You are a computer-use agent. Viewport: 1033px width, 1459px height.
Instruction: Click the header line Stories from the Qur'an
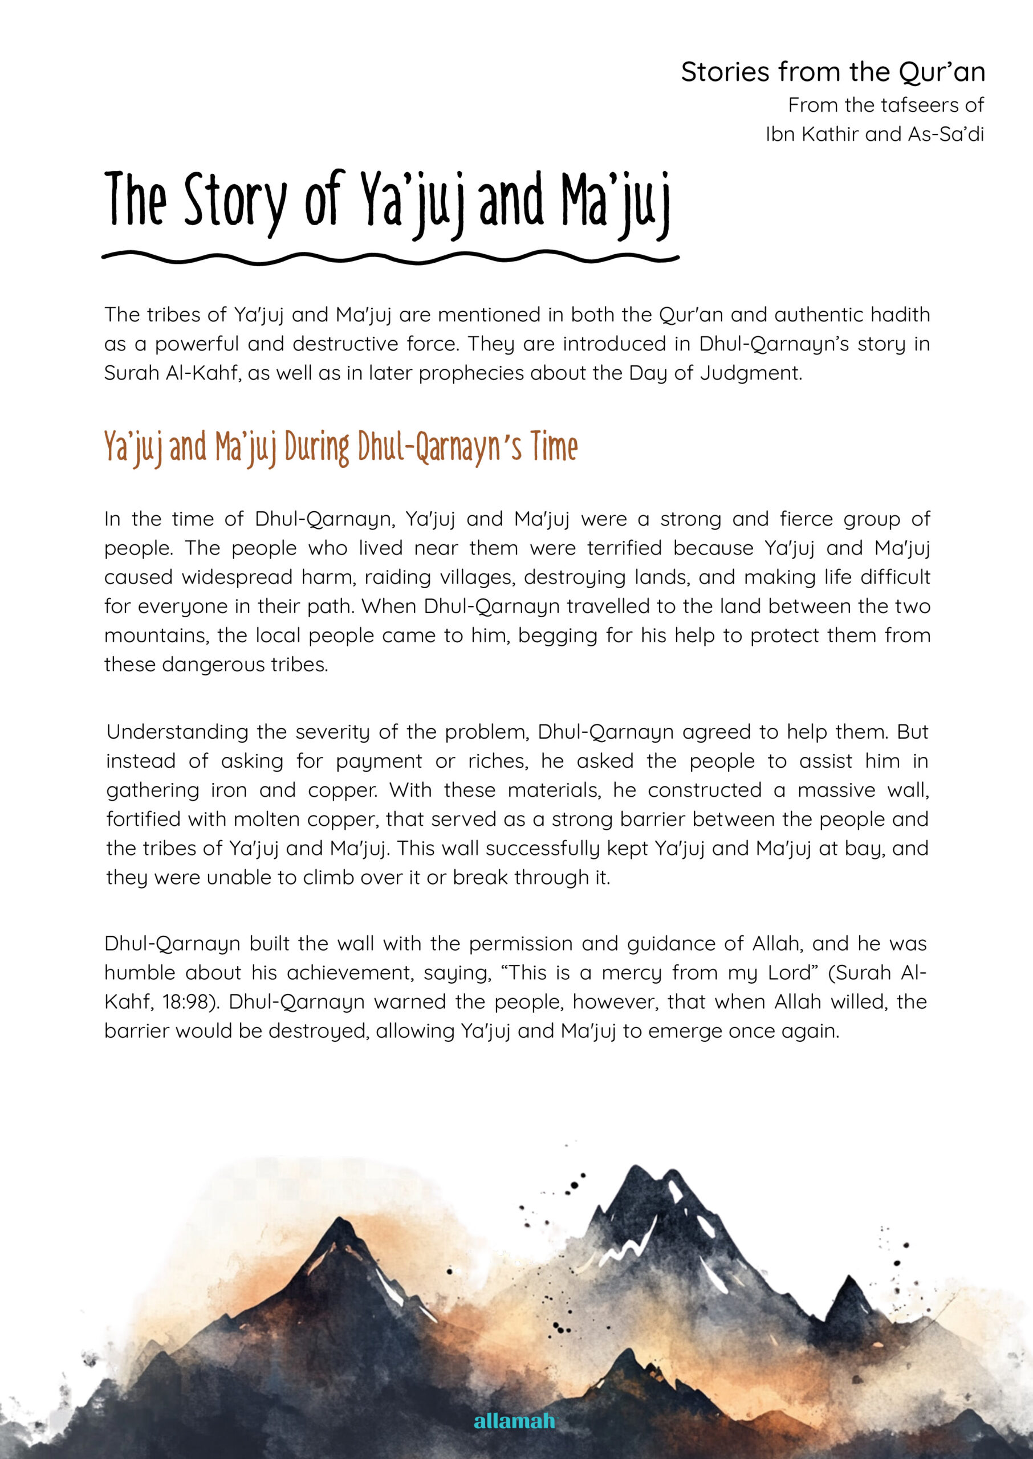click(x=833, y=72)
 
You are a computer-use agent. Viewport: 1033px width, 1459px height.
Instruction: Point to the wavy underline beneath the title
click(x=390, y=258)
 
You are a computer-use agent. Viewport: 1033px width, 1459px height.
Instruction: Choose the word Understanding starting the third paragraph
click(x=177, y=732)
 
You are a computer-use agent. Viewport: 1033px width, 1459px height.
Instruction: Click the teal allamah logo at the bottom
click(x=515, y=1421)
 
